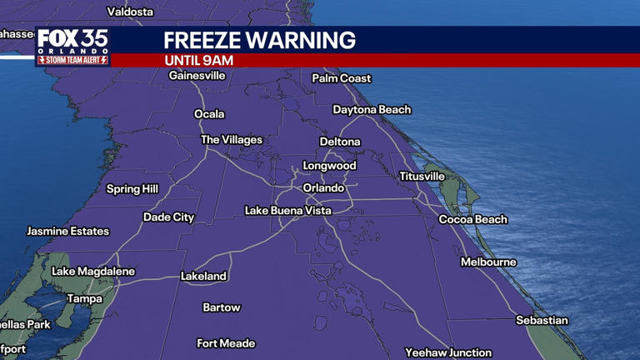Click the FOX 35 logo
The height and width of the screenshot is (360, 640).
(x=72, y=42)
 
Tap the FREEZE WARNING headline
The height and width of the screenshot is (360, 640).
(x=259, y=40)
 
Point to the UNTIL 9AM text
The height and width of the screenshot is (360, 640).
(x=198, y=61)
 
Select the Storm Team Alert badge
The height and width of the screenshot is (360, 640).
(x=72, y=60)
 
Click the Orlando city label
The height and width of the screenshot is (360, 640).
(x=323, y=188)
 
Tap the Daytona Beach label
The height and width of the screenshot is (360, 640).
(x=372, y=110)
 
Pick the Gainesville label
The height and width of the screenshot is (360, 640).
(x=197, y=76)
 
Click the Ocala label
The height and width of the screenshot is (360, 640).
(x=209, y=114)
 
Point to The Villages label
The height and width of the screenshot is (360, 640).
(x=232, y=140)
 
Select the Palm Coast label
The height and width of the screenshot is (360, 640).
(x=342, y=78)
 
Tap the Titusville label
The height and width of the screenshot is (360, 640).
(x=422, y=177)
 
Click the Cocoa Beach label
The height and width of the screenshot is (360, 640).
(x=473, y=220)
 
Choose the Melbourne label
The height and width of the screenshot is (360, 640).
(x=488, y=262)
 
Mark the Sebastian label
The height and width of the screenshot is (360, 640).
(x=542, y=321)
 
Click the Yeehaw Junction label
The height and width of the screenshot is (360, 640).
(x=448, y=353)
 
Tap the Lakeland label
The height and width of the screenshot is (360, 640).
(x=203, y=277)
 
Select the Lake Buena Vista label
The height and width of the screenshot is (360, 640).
(x=287, y=211)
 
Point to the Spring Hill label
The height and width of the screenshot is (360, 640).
(x=132, y=190)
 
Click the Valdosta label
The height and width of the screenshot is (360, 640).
(x=131, y=12)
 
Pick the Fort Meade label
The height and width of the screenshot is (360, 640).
(x=226, y=343)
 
